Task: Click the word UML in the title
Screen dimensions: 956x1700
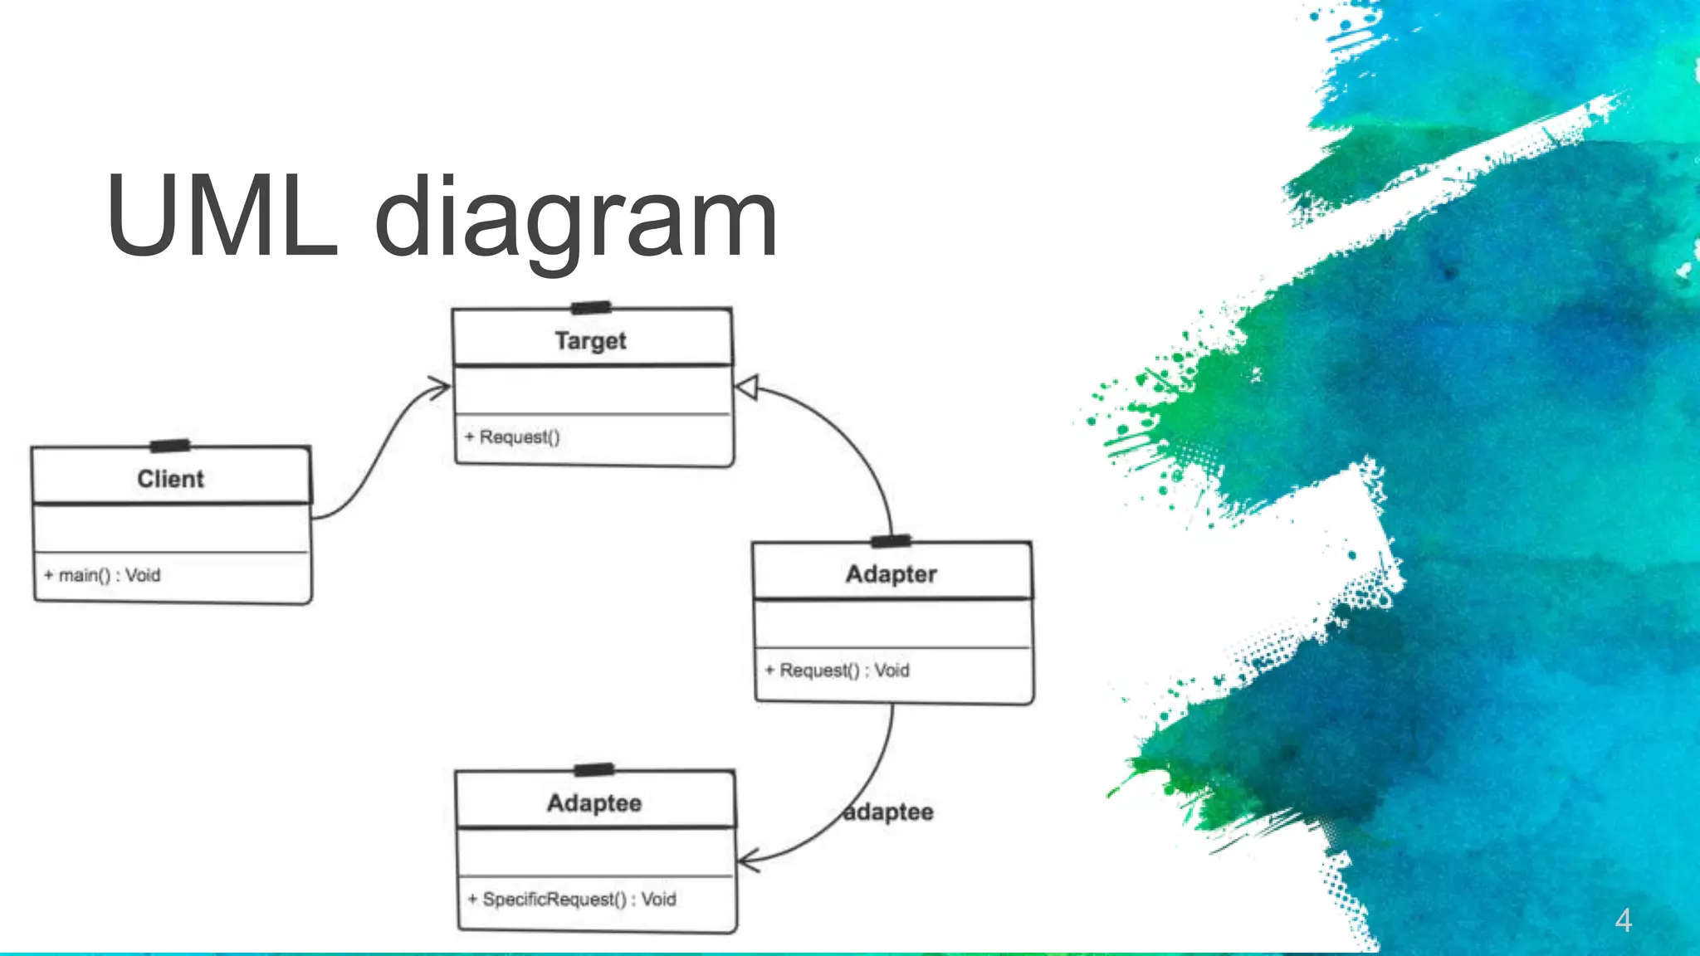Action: coord(222,217)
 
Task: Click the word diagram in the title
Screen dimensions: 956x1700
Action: coord(576,221)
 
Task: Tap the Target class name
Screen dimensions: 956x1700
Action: coord(590,341)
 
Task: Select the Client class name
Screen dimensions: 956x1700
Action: coord(170,479)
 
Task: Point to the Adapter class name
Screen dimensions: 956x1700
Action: coord(891,574)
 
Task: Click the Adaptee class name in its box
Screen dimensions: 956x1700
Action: coord(594,803)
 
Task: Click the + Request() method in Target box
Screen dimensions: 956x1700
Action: coord(512,437)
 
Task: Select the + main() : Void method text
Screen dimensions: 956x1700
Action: coord(102,575)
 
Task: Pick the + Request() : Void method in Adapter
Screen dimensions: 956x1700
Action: coord(838,671)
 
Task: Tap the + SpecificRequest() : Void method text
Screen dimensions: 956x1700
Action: coord(572,900)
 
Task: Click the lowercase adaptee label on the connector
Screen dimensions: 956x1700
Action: coord(889,812)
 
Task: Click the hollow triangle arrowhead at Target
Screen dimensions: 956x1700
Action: coord(747,388)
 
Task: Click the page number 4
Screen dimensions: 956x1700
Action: coord(1624,920)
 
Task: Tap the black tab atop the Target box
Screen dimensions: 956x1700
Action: coord(591,308)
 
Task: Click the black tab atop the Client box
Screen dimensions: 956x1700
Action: coord(170,446)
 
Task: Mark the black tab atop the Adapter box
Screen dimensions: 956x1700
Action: coord(891,542)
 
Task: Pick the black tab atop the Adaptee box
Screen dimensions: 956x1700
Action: coord(594,770)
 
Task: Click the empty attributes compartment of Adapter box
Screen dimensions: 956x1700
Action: coord(892,623)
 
